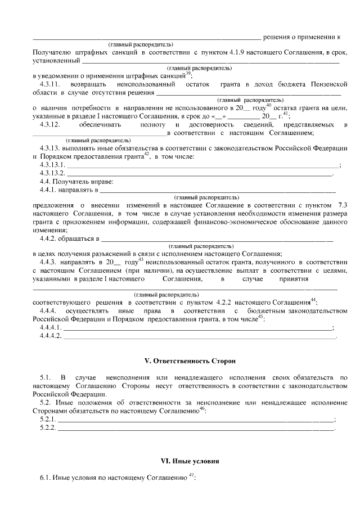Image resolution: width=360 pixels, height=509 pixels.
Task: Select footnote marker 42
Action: pos(146,155)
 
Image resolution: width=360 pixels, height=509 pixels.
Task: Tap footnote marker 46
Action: pos(202,409)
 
